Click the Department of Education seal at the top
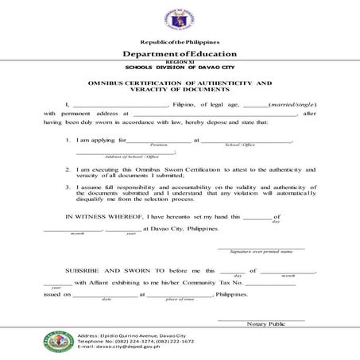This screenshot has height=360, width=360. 180,17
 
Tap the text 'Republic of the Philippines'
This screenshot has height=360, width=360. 180,41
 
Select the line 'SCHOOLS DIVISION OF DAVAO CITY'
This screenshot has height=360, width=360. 180,67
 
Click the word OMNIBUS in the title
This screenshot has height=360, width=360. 114,83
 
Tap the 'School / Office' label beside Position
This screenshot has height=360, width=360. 240,145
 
